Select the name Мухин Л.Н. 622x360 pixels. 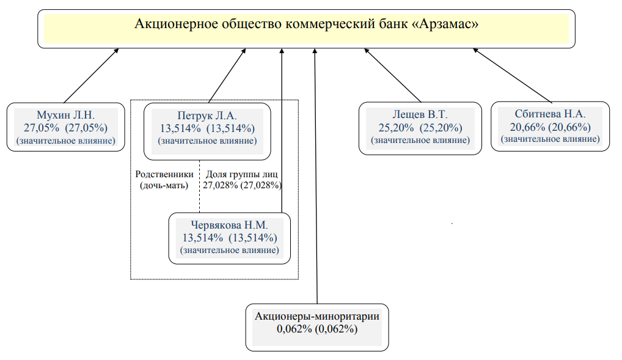[x=66, y=115]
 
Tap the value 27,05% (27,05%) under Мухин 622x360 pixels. [x=66, y=128]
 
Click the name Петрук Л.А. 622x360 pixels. [x=207, y=116]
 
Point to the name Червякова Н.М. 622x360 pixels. [x=229, y=225]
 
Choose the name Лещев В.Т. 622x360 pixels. [x=420, y=115]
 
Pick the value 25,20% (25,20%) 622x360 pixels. [x=420, y=128]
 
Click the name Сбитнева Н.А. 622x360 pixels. [x=550, y=114]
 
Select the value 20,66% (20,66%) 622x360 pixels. [x=550, y=127]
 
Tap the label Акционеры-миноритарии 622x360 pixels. [x=317, y=317]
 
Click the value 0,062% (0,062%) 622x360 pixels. [x=317, y=329]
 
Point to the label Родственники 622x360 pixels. [x=164, y=174]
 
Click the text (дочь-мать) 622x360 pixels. [x=164, y=185]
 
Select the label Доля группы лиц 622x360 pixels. [x=241, y=174]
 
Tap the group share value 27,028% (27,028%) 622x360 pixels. [x=242, y=185]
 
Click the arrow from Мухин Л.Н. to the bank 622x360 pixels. [x=91, y=76]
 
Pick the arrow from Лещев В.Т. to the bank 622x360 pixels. [x=393, y=75]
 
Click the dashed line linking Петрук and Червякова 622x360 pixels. [x=200, y=186]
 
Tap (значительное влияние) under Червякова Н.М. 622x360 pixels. [x=229, y=251]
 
